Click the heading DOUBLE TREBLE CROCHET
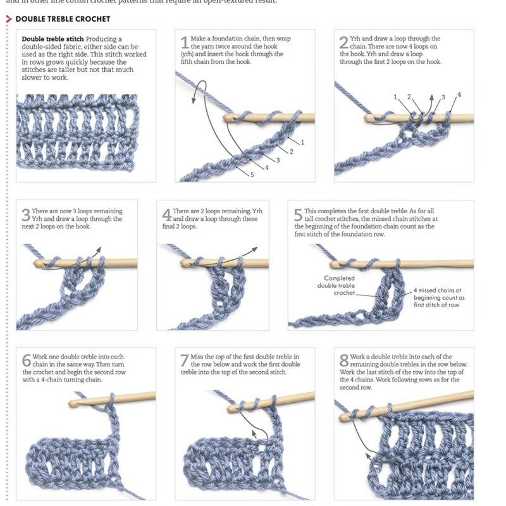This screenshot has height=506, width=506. (x=63, y=19)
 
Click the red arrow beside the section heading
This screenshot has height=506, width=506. (x=8, y=19)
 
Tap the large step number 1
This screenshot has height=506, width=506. (x=185, y=43)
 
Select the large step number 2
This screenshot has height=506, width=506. (x=343, y=43)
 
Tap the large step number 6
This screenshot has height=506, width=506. (x=26, y=361)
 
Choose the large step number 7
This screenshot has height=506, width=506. (x=185, y=361)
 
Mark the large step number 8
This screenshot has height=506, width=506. (x=344, y=361)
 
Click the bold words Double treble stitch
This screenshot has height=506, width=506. (x=52, y=39)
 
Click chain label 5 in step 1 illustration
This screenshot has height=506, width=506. (x=252, y=175)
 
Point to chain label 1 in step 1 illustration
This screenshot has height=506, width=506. (x=302, y=142)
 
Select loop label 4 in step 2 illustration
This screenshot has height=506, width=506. (x=459, y=95)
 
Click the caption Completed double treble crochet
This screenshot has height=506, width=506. (x=340, y=285)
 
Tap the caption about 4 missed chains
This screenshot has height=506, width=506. (x=439, y=297)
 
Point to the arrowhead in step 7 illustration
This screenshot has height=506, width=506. (x=254, y=433)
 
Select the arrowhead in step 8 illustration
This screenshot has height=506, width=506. (x=369, y=453)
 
